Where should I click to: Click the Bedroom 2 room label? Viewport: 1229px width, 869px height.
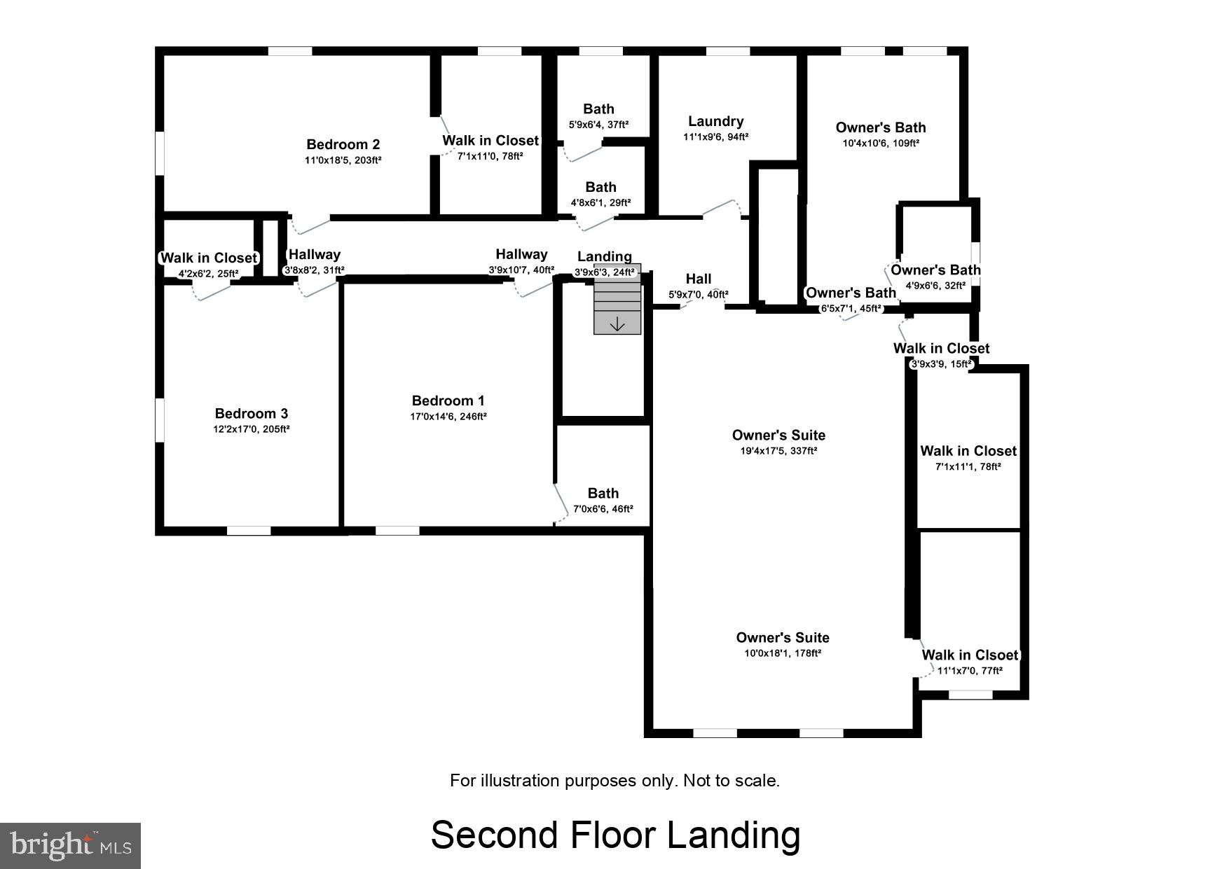click(343, 144)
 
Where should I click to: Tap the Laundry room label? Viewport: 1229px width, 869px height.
click(715, 121)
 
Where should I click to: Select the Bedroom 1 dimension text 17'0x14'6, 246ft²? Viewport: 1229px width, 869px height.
click(448, 417)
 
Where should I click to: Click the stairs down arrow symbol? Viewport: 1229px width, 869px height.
click(617, 324)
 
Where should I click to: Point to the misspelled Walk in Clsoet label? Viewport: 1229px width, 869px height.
click(970, 655)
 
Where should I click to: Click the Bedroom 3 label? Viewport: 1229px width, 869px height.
click(251, 413)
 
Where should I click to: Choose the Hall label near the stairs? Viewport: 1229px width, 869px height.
click(699, 279)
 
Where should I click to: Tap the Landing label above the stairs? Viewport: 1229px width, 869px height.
click(604, 256)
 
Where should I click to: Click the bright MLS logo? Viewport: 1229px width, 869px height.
click(70, 845)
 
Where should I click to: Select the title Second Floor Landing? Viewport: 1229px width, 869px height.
click(614, 835)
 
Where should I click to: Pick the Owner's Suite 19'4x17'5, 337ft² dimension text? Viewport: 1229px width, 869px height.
click(778, 451)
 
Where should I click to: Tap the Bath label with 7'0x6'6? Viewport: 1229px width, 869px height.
click(603, 493)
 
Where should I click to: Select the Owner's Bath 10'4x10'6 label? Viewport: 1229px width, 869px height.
click(880, 127)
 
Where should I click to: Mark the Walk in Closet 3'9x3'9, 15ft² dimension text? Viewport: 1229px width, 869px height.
click(941, 364)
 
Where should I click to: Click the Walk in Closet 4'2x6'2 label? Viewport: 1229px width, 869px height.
click(208, 258)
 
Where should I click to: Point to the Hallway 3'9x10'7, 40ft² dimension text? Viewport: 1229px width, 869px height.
click(521, 270)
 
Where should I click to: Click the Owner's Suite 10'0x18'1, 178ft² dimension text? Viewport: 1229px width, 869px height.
click(782, 653)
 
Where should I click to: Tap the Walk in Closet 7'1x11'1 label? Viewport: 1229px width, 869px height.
click(968, 451)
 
